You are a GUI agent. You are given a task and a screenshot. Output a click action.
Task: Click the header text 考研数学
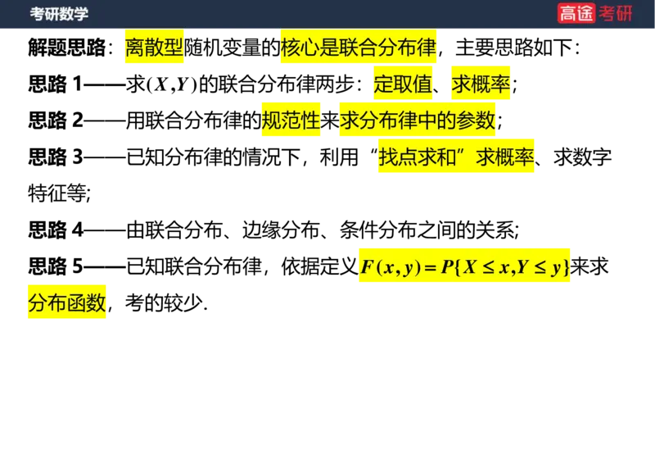pos(59,14)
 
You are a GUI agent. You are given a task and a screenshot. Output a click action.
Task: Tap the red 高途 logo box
pos(576,13)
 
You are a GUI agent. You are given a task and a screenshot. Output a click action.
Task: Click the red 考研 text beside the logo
pos(616,13)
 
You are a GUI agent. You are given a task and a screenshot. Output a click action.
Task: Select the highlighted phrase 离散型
pos(155,48)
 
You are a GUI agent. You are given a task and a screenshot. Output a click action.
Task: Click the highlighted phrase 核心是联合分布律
pos(359,48)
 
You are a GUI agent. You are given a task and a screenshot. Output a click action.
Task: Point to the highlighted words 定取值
pos(403,84)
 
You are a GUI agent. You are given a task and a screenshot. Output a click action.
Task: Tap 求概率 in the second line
pos(481,84)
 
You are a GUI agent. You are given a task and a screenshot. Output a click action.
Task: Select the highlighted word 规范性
pos(291,121)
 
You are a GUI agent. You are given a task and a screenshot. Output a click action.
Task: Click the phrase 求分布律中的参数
pos(418,121)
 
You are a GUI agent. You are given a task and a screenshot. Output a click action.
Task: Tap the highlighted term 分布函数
pos(67,303)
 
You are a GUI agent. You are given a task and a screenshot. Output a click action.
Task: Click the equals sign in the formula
pos(427,267)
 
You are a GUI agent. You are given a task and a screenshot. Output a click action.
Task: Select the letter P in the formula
pos(446,267)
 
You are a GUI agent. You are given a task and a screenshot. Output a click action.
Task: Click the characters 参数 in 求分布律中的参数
pos(477,121)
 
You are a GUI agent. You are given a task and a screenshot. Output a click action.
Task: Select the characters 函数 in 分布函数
pos(87,303)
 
